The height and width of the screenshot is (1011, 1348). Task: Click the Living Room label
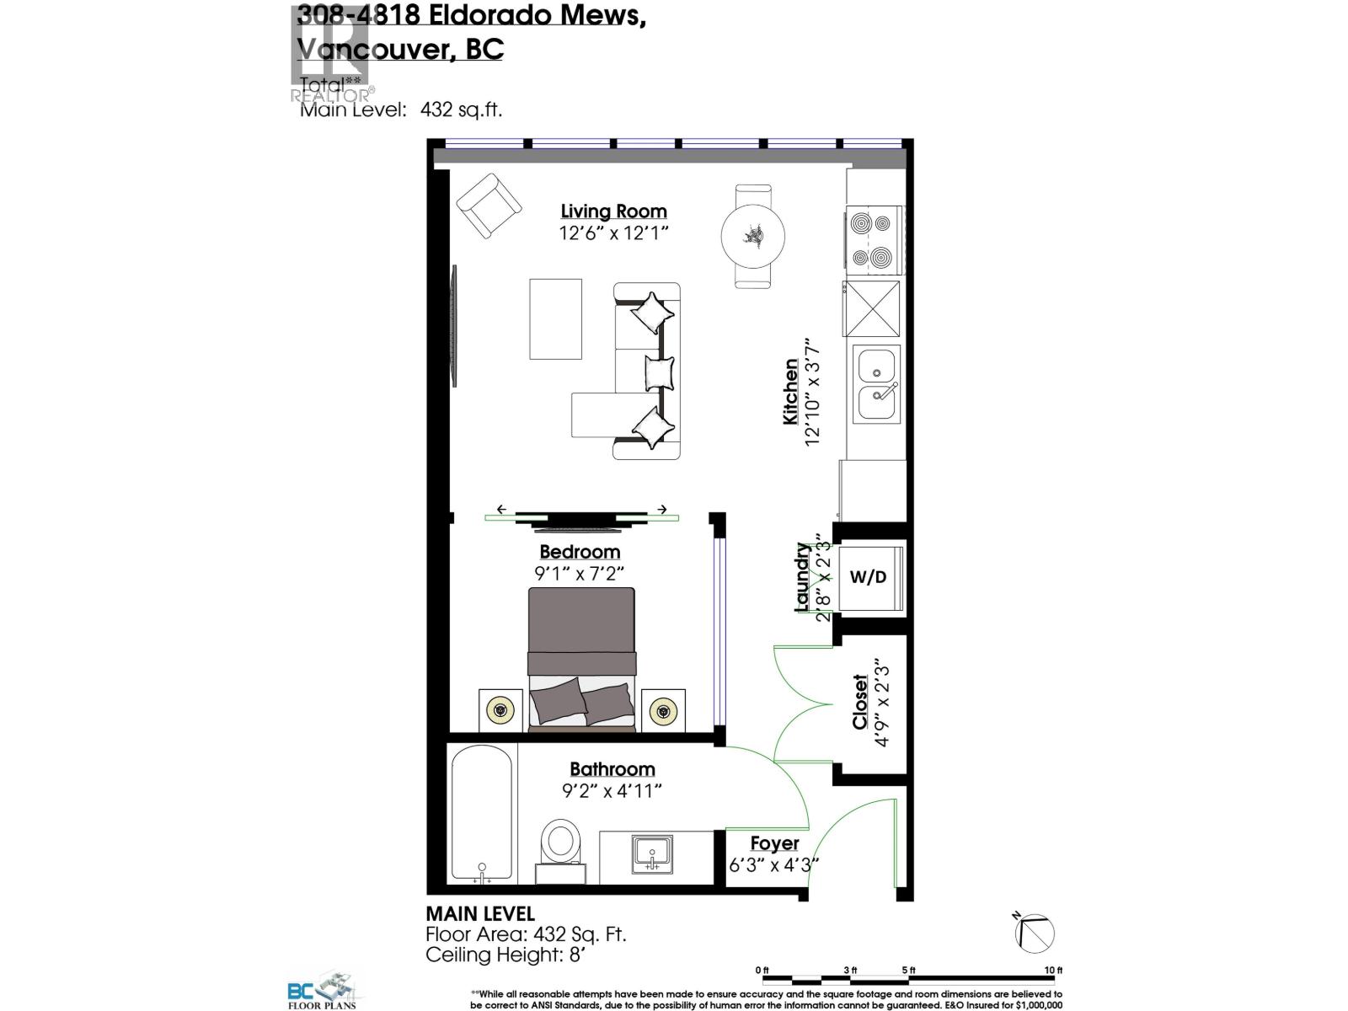(x=613, y=211)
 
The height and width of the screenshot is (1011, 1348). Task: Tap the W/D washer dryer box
(x=868, y=577)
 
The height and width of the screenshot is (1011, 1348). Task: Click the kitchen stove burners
(x=872, y=240)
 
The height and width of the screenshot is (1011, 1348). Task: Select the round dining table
(x=753, y=236)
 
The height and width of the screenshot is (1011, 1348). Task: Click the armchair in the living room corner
(x=489, y=206)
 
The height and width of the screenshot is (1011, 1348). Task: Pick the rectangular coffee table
(x=555, y=318)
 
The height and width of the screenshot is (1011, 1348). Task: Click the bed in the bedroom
(x=580, y=657)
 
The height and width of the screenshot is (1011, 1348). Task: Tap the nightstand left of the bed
(x=500, y=710)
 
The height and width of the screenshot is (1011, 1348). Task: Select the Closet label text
(x=859, y=702)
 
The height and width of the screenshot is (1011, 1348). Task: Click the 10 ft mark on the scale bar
(x=1053, y=971)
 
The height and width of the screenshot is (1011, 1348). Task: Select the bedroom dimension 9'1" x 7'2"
(x=579, y=574)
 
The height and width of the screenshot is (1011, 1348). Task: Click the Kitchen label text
(x=790, y=392)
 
